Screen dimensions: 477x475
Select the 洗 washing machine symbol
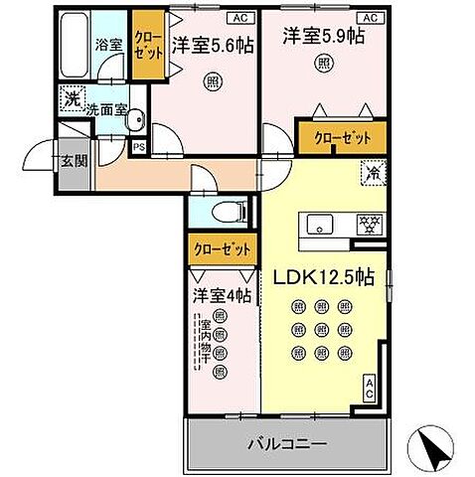point(70,98)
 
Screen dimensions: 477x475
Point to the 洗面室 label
point(106,110)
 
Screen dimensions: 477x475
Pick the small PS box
point(138,147)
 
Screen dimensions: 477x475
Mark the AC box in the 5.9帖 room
point(370,18)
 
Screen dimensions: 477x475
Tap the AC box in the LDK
point(370,389)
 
